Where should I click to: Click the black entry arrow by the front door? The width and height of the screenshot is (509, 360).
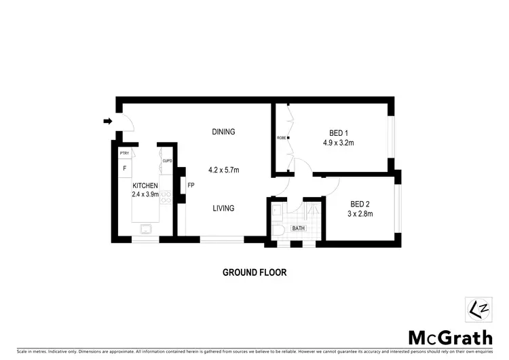[107, 122]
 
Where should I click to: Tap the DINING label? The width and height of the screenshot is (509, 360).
[223, 132]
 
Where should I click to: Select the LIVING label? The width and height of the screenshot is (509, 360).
[223, 209]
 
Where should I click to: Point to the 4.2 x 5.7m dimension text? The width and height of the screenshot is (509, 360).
[223, 170]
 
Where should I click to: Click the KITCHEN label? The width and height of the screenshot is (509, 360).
[145, 185]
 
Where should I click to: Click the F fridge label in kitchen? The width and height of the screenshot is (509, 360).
[125, 168]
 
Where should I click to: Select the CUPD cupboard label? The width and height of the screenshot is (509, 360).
[167, 161]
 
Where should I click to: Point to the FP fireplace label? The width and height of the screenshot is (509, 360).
[191, 185]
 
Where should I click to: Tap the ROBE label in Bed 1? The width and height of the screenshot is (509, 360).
[281, 139]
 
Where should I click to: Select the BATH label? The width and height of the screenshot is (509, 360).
[299, 229]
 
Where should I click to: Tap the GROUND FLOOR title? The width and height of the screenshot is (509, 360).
[254, 272]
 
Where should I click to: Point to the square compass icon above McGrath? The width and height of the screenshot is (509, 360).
[474, 310]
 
